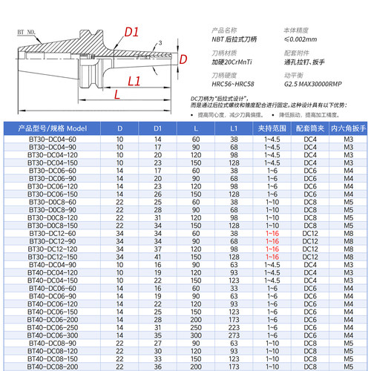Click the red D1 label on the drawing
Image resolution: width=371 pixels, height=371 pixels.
point(132,32)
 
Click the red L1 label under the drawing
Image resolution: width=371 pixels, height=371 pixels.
point(136,79)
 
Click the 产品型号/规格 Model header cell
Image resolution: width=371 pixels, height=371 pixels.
point(53,128)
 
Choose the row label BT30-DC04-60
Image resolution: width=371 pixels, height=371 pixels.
point(52,139)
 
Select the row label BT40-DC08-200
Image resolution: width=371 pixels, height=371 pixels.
point(52,365)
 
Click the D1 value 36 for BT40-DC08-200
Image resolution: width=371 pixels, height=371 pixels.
point(157,365)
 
